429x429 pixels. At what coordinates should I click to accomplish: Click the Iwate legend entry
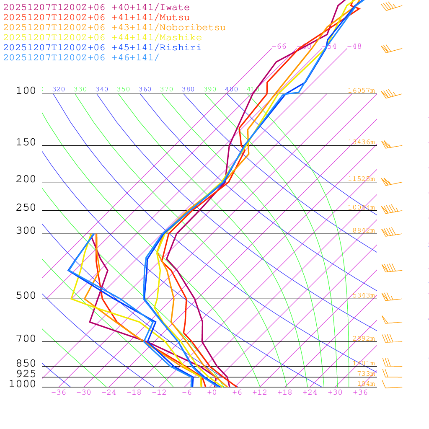click(x=96, y=8)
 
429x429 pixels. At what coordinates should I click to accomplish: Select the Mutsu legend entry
click(x=96, y=18)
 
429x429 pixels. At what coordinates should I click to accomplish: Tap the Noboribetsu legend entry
click(x=114, y=28)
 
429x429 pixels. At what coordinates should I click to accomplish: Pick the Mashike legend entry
click(x=102, y=38)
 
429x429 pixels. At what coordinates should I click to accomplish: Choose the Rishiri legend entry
click(x=102, y=48)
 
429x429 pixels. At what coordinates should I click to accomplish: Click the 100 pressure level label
click(x=26, y=91)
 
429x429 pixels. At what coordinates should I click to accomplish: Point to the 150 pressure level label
click(x=26, y=142)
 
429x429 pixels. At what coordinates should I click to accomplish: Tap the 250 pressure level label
click(x=26, y=208)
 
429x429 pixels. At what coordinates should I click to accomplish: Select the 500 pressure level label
click(x=26, y=296)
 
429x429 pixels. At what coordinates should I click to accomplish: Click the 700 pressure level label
click(x=26, y=339)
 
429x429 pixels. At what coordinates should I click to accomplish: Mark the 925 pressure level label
click(x=26, y=374)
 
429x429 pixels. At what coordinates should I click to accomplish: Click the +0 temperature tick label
click(x=212, y=393)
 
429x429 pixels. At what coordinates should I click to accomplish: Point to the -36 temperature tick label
click(x=58, y=393)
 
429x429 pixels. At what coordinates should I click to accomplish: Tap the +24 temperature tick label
click(x=310, y=393)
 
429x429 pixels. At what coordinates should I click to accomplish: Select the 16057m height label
click(x=362, y=90)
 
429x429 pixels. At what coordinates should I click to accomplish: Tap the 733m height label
click(x=366, y=374)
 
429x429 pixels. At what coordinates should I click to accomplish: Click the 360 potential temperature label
click(x=145, y=89)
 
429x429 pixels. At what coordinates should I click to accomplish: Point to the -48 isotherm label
click(x=354, y=47)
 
